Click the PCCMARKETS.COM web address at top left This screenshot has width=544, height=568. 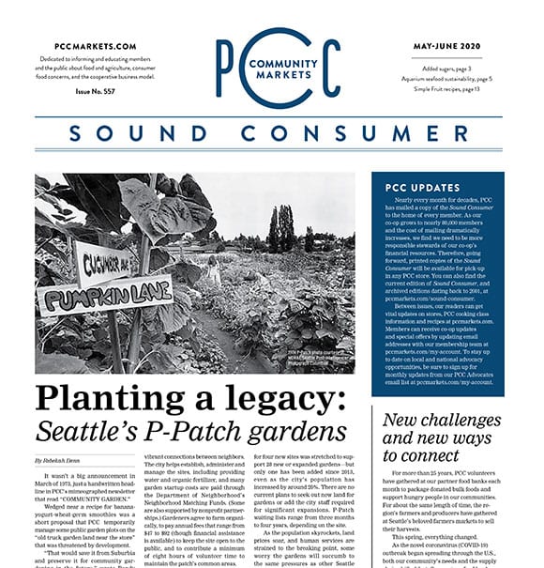pyautogui.click(x=95, y=46)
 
